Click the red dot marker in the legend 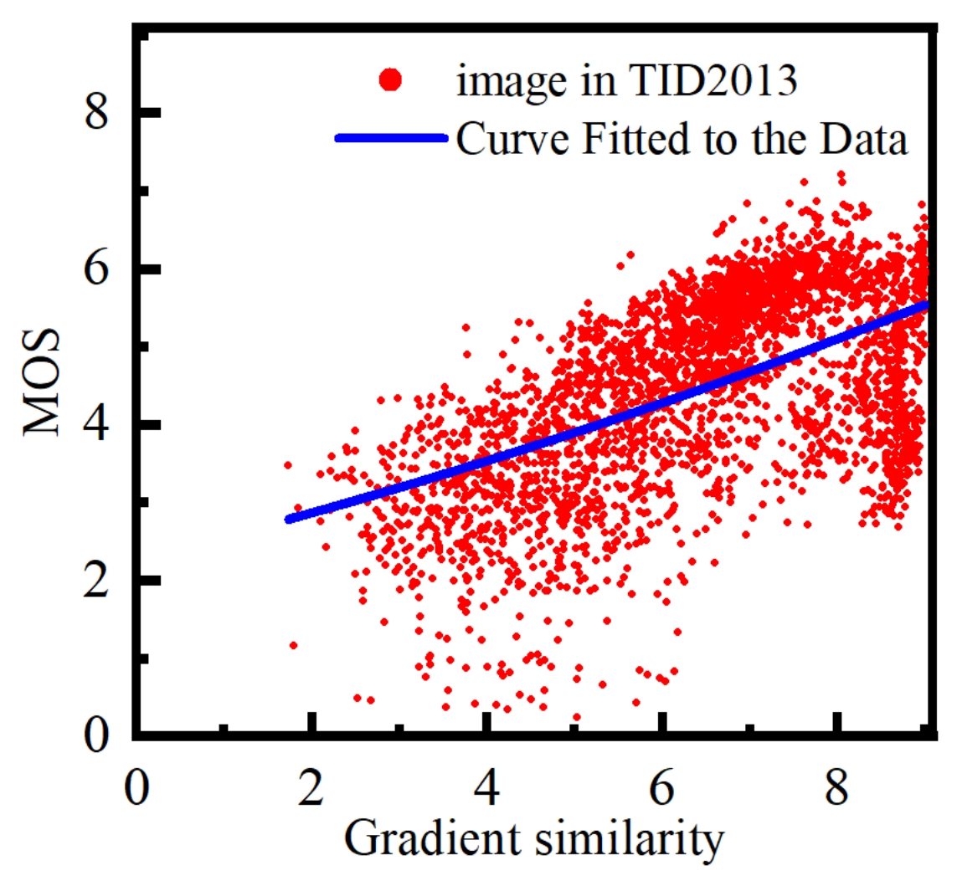[390, 80]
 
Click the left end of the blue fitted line [289, 519]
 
